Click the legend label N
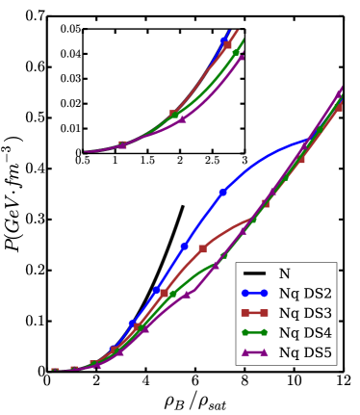[x=284, y=273]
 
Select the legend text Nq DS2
[x=304, y=293]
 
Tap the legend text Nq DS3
[x=304, y=313]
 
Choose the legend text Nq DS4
[x=304, y=332]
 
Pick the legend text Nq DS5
[x=304, y=352]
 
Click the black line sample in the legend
[x=254, y=273]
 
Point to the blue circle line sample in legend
[x=254, y=293]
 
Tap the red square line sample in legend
[x=254, y=313]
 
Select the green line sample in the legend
[x=254, y=332]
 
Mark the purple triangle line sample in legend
[x=254, y=352]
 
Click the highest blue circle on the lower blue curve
[x=222, y=193]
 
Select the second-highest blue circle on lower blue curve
[x=184, y=246]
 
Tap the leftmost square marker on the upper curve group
[x=122, y=144]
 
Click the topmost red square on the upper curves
[x=227, y=44]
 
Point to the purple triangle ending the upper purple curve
[x=241, y=57]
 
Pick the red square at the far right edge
[x=339, y=108]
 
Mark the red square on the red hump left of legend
[x=202, y=248]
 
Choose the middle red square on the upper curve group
[x=174, y=114]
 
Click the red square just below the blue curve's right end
[x=301, y=159]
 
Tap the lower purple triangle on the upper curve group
[x=183, y=119]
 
